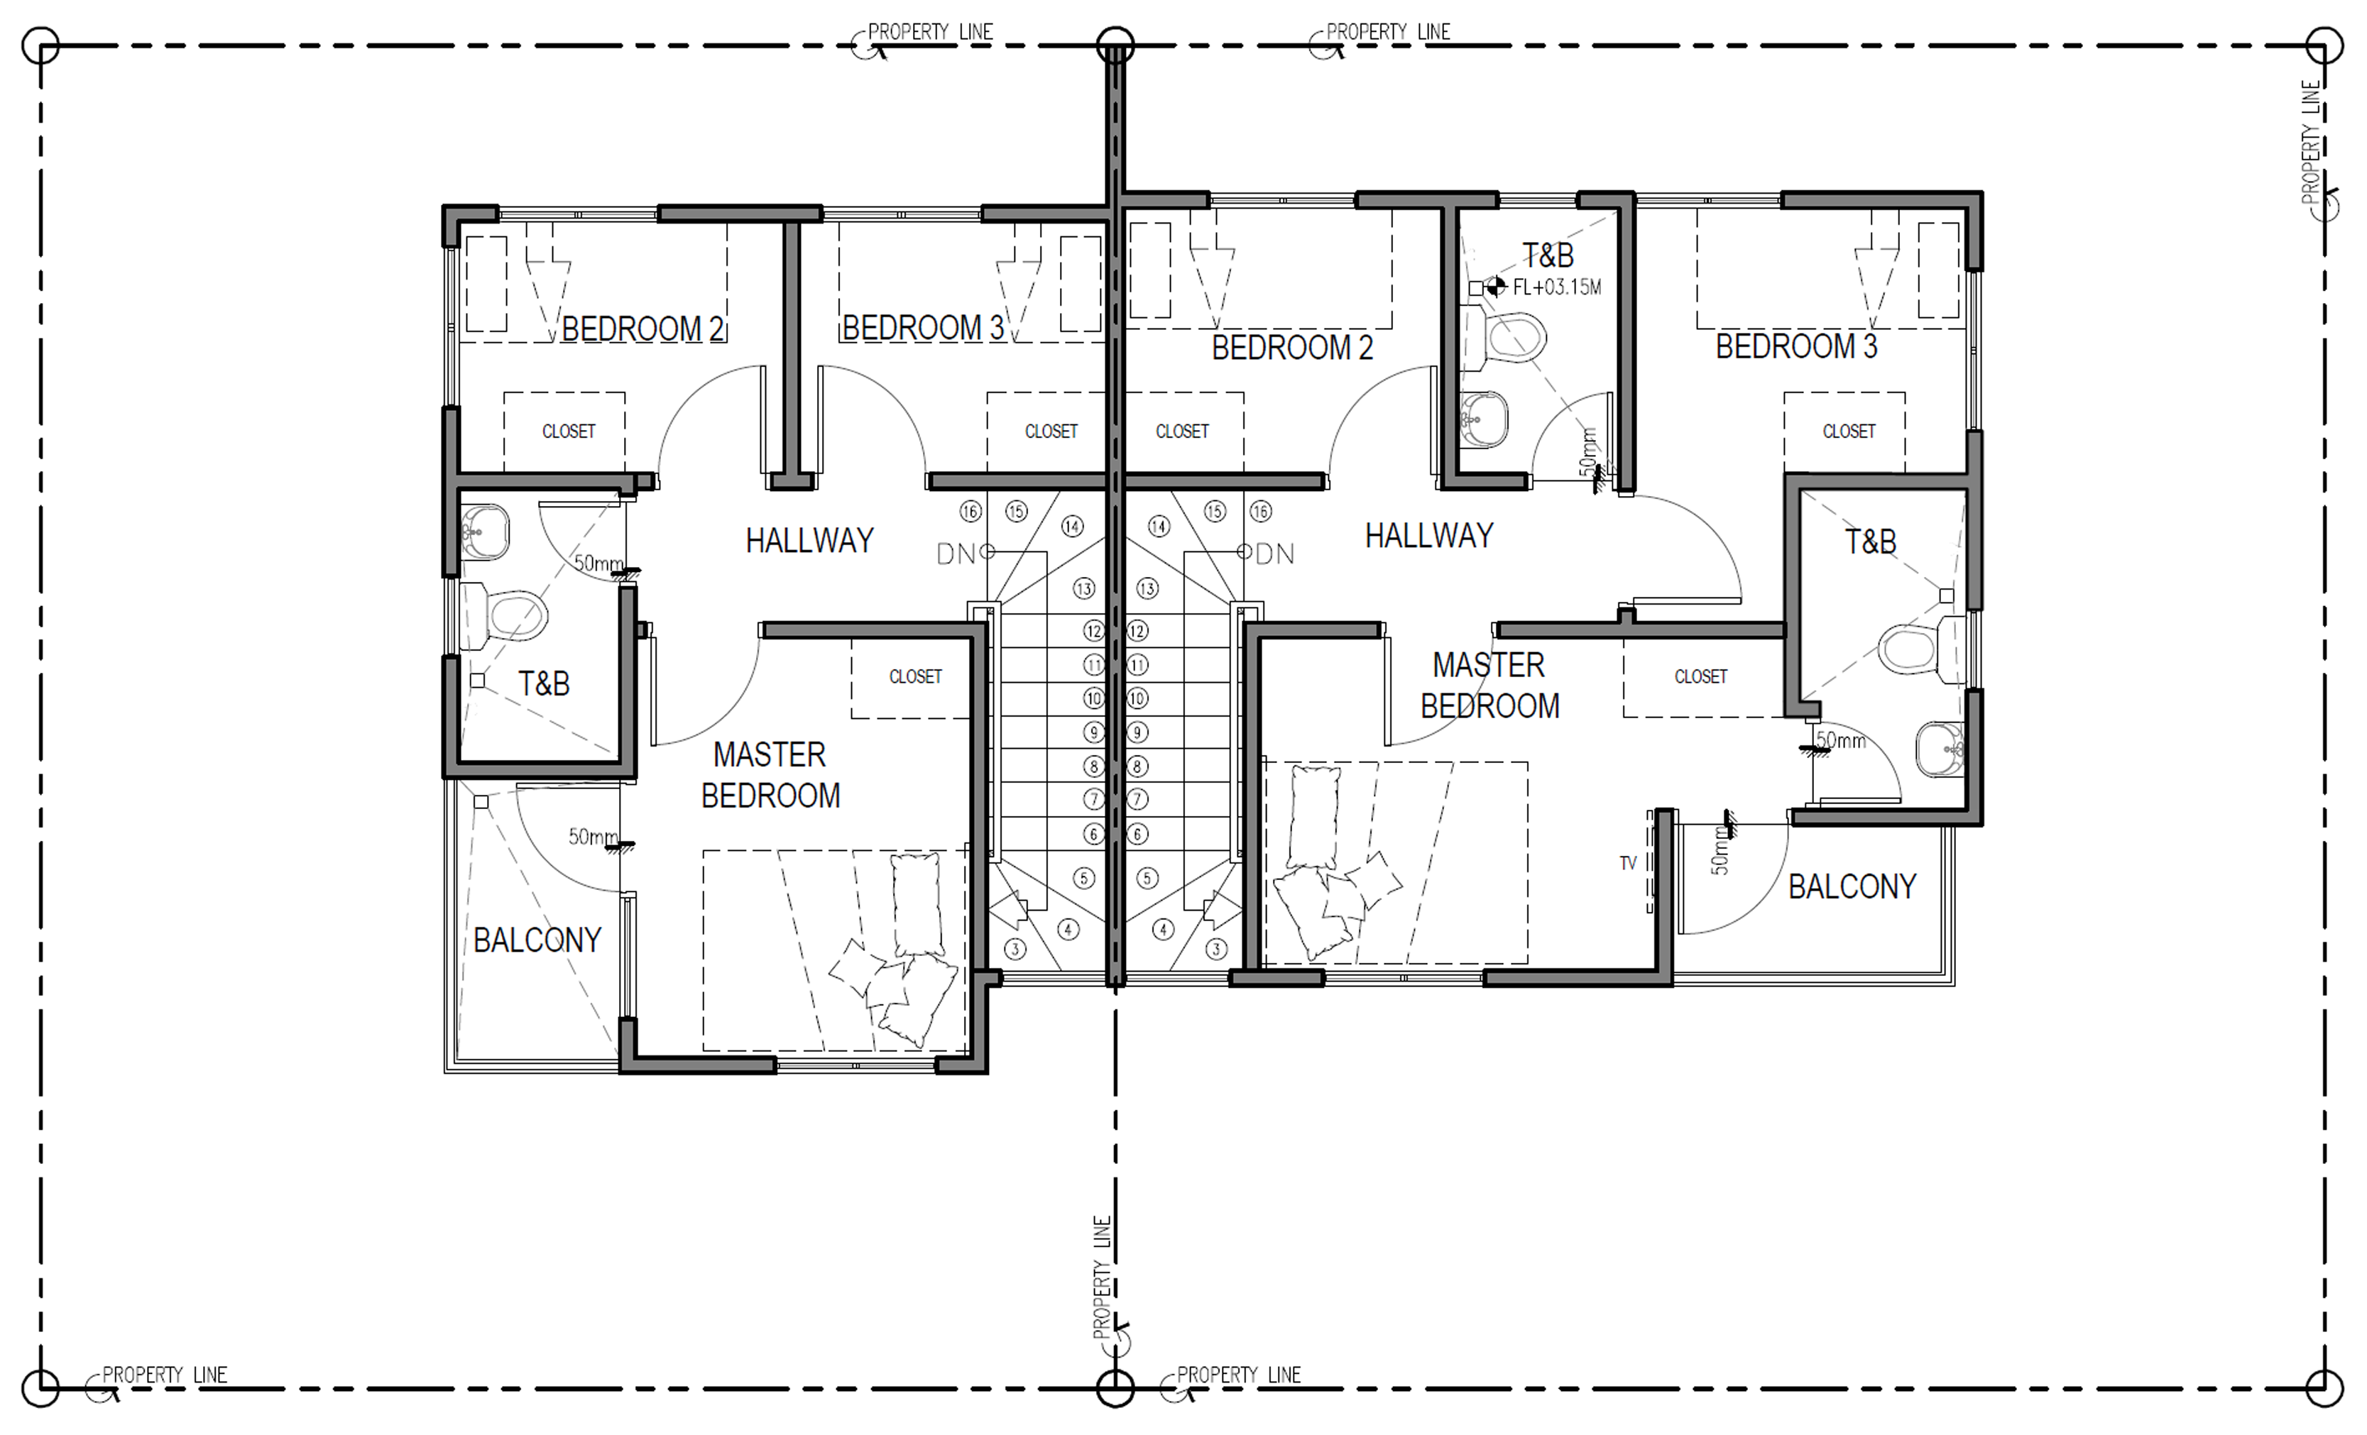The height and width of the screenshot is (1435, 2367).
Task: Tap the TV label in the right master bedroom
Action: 1627,862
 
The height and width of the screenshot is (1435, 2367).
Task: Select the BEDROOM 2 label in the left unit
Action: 642,329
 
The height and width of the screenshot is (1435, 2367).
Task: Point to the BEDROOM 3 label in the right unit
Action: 1796,346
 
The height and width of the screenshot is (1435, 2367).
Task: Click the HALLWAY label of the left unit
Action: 810,540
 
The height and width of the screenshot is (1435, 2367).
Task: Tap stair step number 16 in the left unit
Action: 971,511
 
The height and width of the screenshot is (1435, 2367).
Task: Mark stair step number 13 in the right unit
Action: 1147,588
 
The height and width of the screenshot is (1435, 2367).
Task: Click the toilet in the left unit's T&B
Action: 505,614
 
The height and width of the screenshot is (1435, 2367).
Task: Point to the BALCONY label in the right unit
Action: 1852,886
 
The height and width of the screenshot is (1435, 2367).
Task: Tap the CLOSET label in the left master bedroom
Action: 915,676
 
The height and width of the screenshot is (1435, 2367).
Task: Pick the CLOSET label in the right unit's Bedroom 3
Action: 1849,431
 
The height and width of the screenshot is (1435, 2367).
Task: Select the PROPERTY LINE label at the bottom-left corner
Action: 164,1375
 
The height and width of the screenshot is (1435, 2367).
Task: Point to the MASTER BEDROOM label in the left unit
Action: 770,774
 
